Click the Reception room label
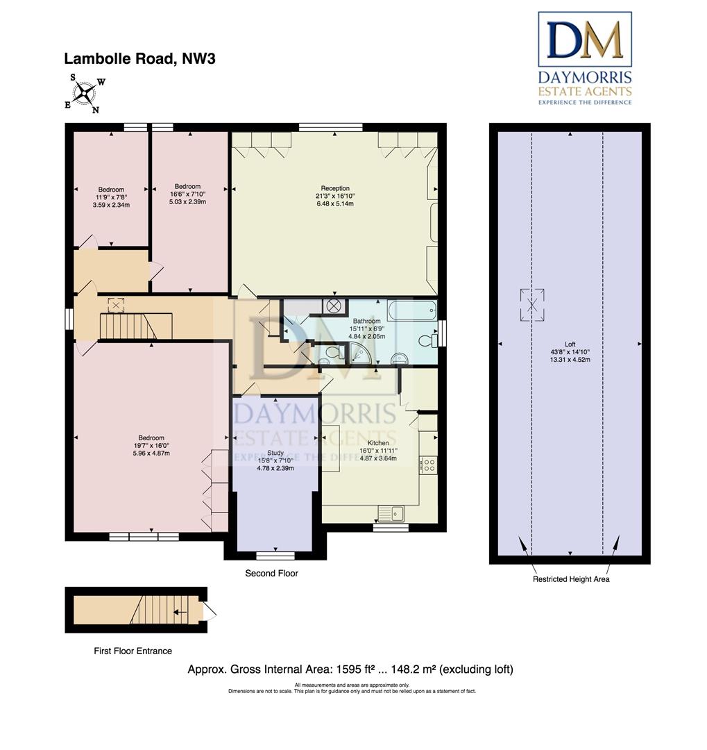(x=335, y=188)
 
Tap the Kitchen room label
(x=378, y=443)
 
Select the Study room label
(x=275, y=453)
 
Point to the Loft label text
(x=570, y=344)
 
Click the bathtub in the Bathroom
(x=412, y=310)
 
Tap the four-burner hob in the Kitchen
(x=429, y=465)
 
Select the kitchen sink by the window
(x=391, y=514)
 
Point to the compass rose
(x=85, y=93)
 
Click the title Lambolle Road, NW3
(x=139, y=59)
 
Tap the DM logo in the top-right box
(x=585, y=39)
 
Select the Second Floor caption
(x=271, y=573)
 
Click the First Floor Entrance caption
(x=133, y=651)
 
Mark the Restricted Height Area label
(x=571, y=579)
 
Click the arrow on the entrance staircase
(x=180, y=612)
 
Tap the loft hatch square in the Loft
(x=532, y=305)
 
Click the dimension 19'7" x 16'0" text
(x=151, y=445)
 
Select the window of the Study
(x=275, y=556)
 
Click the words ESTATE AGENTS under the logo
(x=585, y=92)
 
